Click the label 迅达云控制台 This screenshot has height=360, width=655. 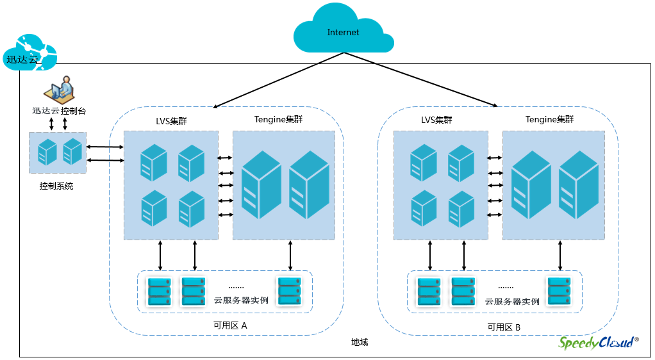[59, 111]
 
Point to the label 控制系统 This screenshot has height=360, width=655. [56, 186]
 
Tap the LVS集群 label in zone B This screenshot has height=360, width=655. [436, 120]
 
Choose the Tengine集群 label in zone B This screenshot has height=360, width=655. [550, 120]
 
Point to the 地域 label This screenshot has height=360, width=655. [360, 342]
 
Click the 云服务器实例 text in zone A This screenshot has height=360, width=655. [241, 300]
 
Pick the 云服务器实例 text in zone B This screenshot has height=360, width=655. [512, 301]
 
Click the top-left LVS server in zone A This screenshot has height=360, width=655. [154, 162]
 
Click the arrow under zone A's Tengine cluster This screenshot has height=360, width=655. [290, 256]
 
